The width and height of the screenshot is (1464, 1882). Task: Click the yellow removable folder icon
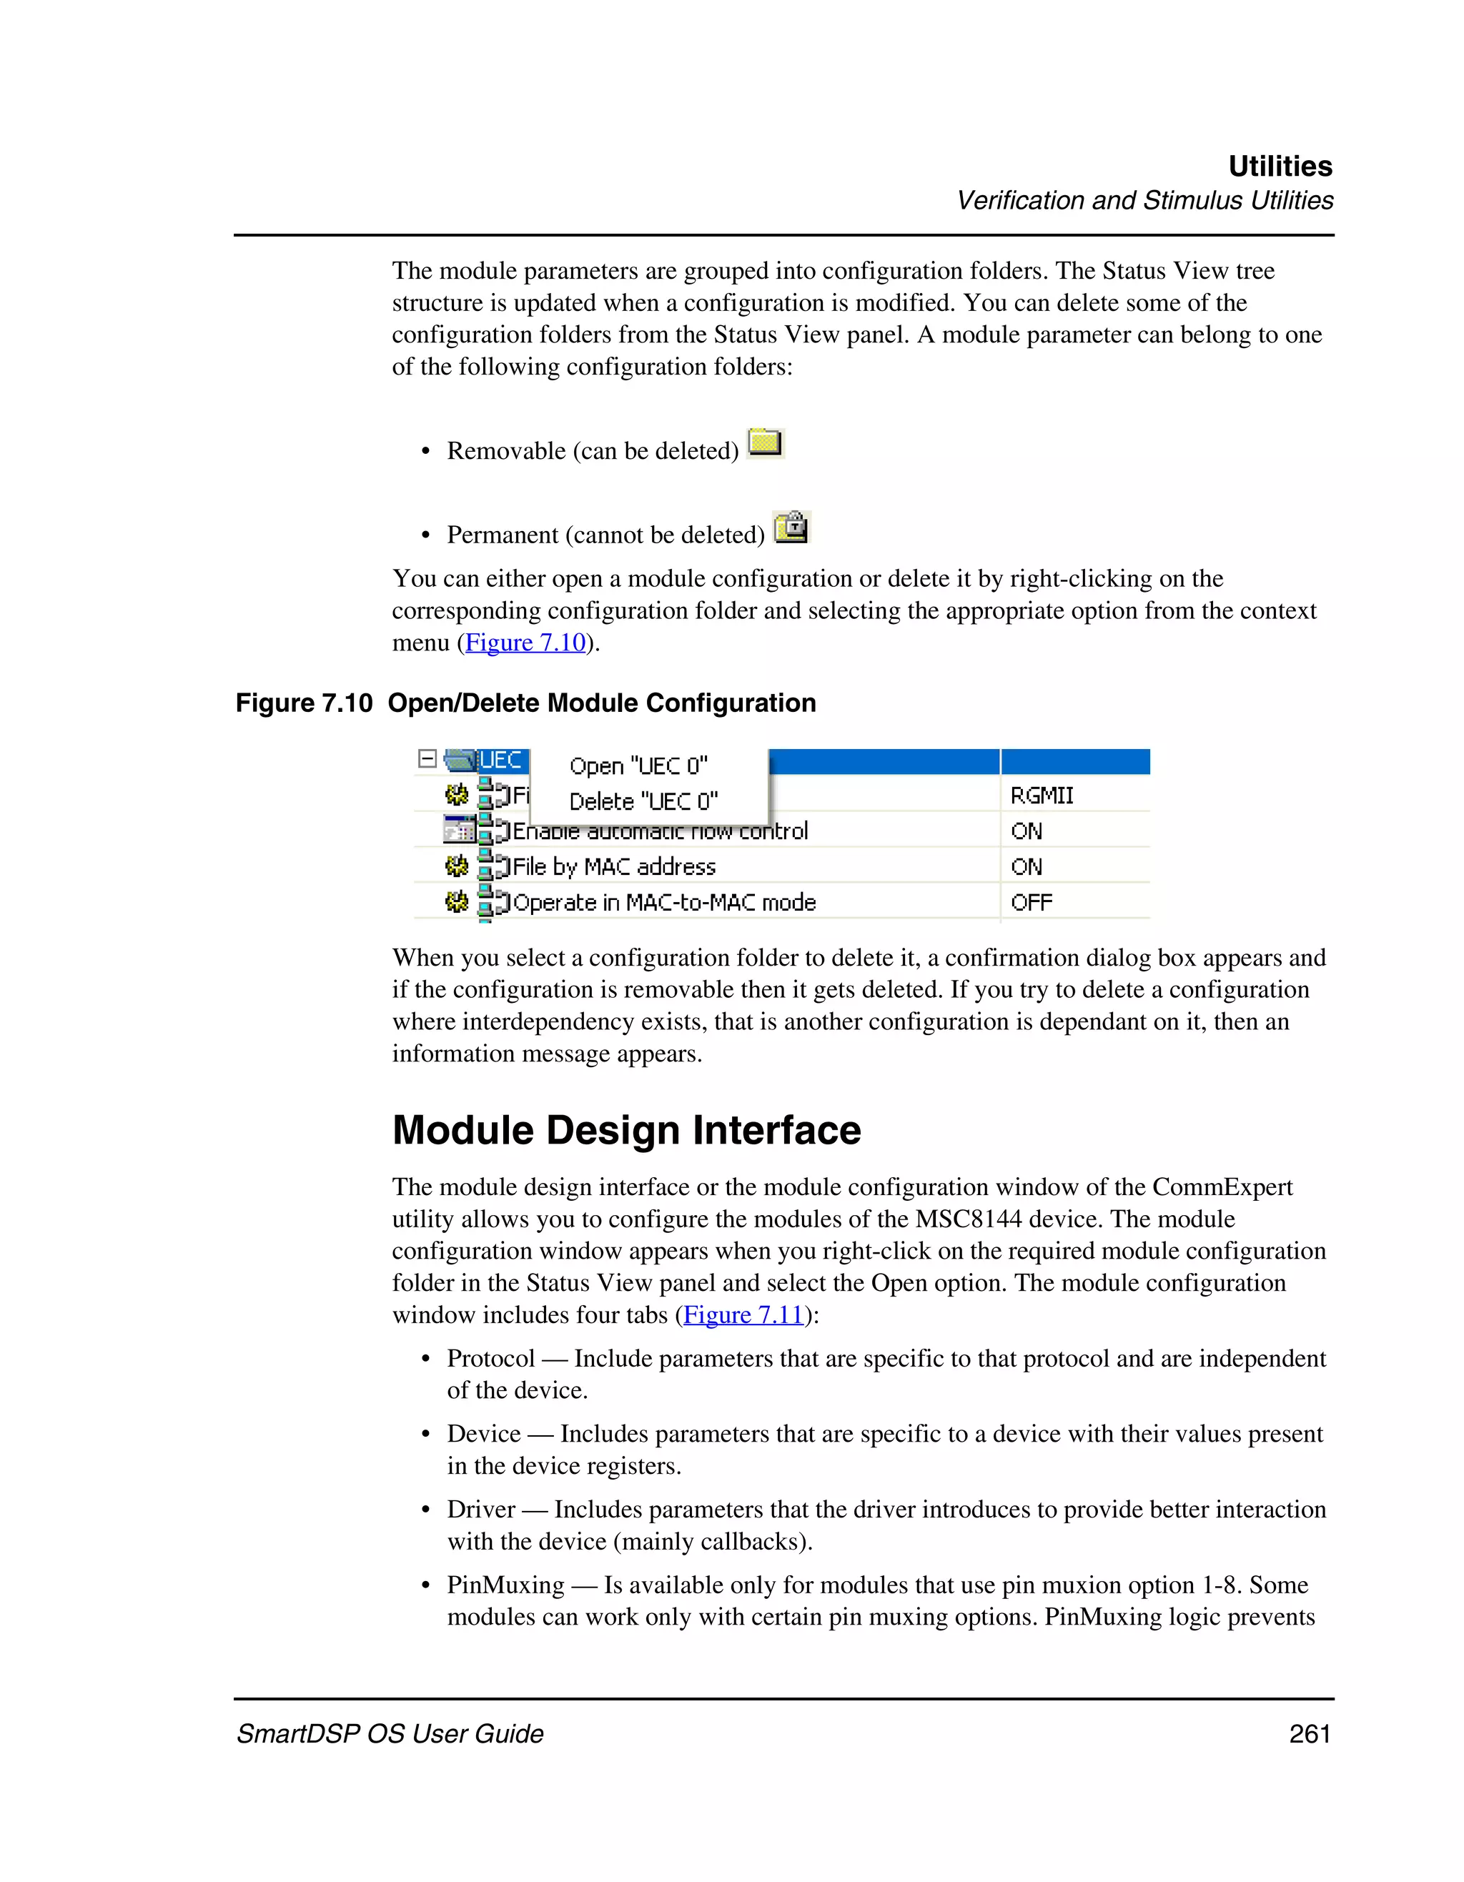(x=764, y=443)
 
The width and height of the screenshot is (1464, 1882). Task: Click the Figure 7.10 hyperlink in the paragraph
(x=525, y=643)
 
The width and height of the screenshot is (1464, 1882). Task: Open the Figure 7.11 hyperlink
(x=743, y=1315)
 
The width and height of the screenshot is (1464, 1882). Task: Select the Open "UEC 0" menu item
(x=638, y=766)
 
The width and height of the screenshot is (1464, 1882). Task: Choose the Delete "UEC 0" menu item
(x=643, y=801)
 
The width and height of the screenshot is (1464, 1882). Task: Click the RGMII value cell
(x=1041, y=796)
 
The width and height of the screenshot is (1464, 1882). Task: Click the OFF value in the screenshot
(x=1031, y=902)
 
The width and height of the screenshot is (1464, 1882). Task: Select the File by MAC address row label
(x=613, y=867)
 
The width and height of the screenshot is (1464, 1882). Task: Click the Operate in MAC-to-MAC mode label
(x=663, y=902)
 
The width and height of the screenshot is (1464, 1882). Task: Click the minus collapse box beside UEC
(x=427, y=759)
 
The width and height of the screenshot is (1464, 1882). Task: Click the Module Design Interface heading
(x=625, y=1130)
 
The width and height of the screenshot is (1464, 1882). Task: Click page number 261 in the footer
(x=1309, y=1734)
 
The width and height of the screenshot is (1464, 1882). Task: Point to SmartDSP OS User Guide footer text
(x=390, y=1734)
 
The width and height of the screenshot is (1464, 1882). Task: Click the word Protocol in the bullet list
(x=490, y=1359)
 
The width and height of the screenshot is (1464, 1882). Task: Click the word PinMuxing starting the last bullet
(x=505, y=1585)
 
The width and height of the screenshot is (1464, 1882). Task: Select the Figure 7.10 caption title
(x=525, y=703)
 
